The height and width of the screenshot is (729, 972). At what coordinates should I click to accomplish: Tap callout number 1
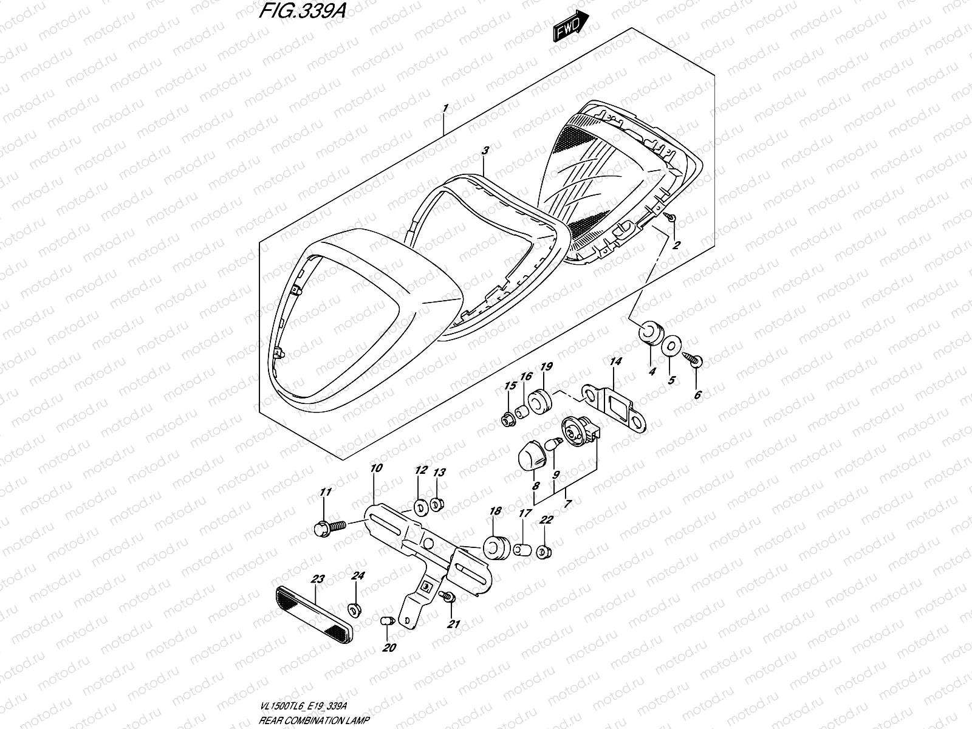point(445,108)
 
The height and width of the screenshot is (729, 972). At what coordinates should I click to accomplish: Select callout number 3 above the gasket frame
point(484,149)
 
